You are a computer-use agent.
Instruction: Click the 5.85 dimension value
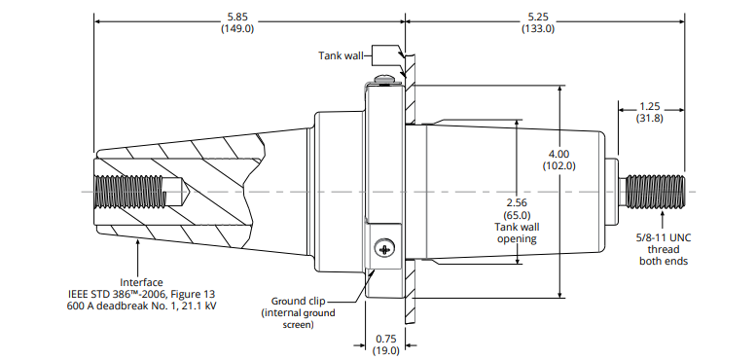click(x=237, y=17)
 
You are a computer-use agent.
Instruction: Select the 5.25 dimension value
click(x=538, y=17)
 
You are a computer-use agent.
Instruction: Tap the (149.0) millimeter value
click(x=237, y=28)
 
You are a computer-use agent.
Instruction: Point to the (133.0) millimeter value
click(x=538, y=28)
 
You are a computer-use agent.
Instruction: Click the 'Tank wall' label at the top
click(x=341, y=55)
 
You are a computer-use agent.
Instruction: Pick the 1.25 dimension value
click(x=650, y=107)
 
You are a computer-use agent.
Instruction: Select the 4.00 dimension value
click(x=558, y=155)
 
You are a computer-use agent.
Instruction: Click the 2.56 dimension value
click(x=517, y=203)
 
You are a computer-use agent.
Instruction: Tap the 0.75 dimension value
click(x=385, y=339)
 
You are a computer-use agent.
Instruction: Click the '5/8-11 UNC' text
click(x=664, y=237)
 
